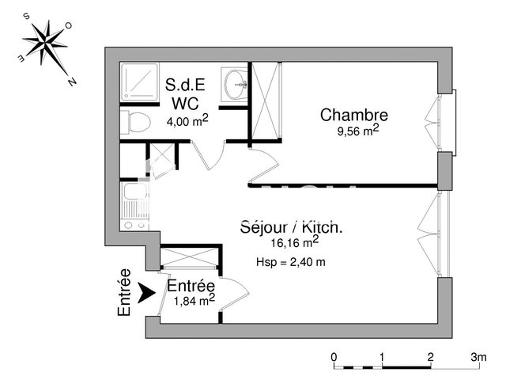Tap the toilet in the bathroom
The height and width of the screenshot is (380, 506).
(135, 122)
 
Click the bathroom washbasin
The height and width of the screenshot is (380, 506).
(235, 85)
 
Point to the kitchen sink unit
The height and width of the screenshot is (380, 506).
(134, 205)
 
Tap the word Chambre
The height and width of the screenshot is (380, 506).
(354, 116)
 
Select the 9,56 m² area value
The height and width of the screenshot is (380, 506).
(357, 132)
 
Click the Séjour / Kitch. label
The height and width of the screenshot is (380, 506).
(291, 227)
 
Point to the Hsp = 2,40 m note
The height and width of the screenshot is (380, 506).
(291, 262)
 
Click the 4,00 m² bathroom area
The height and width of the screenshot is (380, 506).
(187, 120)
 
